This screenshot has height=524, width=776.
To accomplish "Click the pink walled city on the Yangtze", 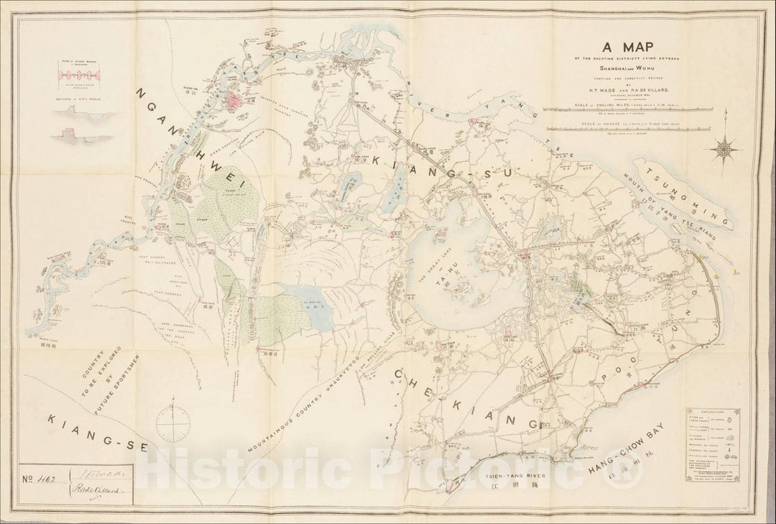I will coord(236,101).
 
